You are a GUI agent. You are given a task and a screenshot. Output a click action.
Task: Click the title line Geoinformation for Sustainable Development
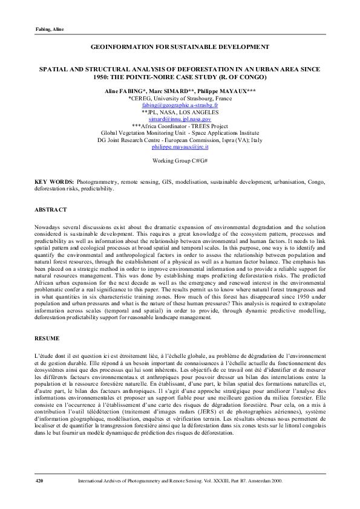[180, 47]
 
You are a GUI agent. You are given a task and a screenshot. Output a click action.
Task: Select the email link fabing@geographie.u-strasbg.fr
[180, 105]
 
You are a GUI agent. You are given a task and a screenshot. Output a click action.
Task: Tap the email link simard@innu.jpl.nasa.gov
[180, 119]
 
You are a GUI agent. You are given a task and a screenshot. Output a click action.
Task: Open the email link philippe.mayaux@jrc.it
[180, 146]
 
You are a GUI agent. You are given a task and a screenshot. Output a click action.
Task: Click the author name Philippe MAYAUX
[224, 90]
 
